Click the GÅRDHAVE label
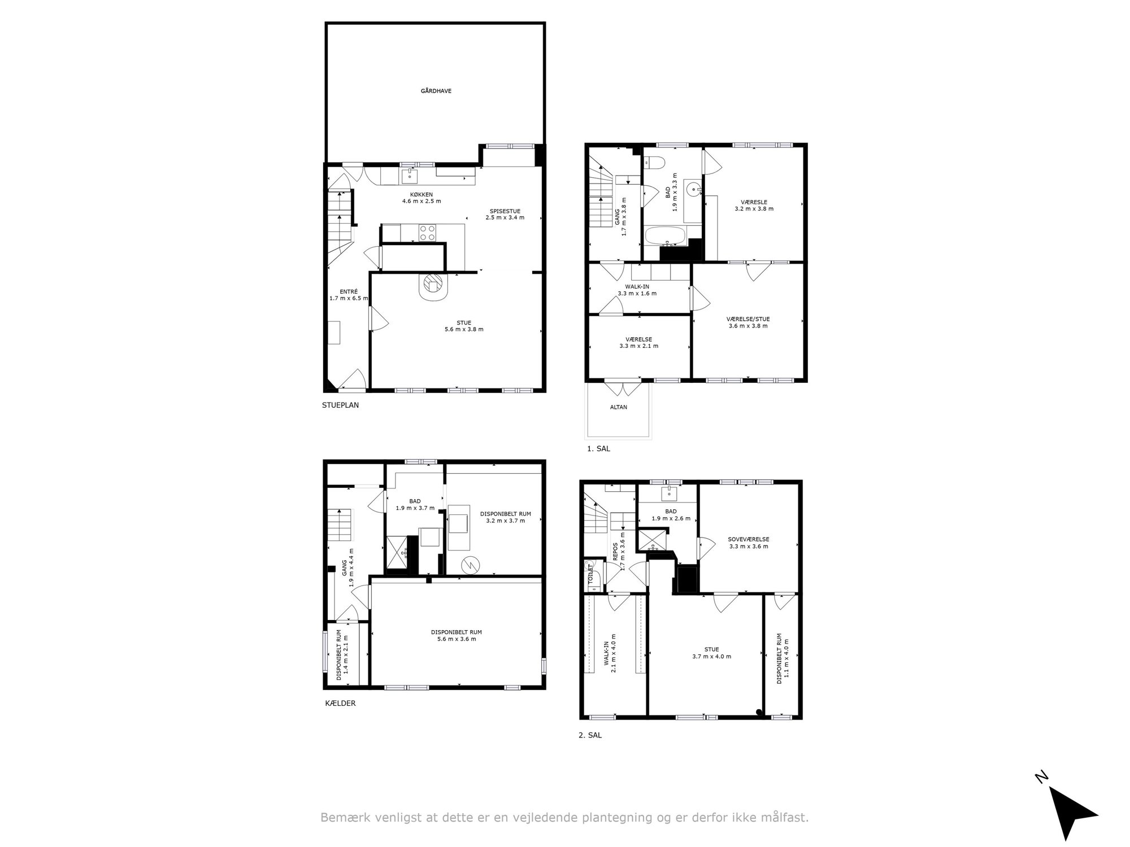(436, 91)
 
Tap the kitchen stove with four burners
(427, 233)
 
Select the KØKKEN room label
(421, 194)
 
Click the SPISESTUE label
(505, 211)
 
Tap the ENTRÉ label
(349, 292)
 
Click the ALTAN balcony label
(619, 407)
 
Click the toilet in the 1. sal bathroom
(655, 161)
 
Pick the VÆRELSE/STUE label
(748, 319)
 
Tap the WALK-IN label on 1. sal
(637, 286)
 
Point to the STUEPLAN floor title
(340, 405)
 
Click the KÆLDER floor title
(340, 704)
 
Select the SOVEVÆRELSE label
(749, 539)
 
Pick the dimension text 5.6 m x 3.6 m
(457, 639)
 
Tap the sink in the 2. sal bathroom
(670, 494)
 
